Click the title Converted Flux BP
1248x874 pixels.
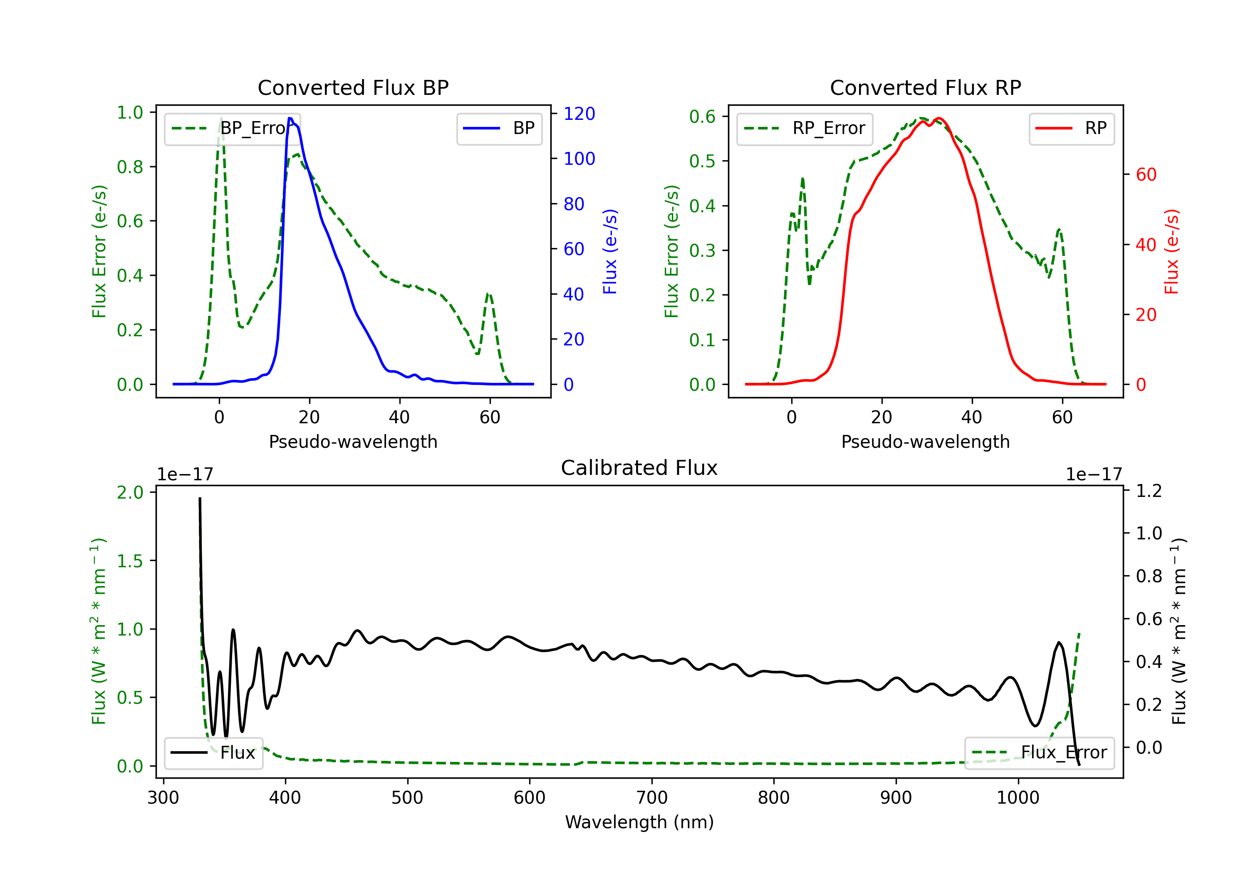pos(353,87)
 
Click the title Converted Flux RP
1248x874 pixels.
pos(925,87)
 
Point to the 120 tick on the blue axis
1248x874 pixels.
pos(579,114)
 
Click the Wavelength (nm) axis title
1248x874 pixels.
pos(639,822)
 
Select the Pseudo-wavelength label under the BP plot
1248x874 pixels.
pos(353,442)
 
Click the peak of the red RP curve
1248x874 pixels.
pos(939,118)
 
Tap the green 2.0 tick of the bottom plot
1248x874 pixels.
pos(130,493)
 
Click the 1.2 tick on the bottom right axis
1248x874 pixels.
pos(1149,491)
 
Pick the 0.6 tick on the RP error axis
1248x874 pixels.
pos(702,117)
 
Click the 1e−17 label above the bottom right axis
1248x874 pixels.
pos(1093,475)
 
